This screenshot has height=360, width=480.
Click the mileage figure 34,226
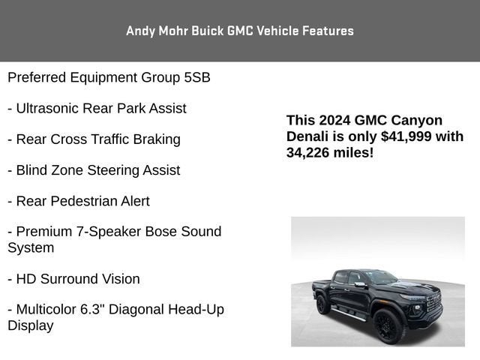(309, 152)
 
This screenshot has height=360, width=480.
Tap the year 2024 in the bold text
(334, 120)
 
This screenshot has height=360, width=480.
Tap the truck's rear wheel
(323, 304)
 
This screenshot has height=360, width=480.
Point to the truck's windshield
(382, 277)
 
